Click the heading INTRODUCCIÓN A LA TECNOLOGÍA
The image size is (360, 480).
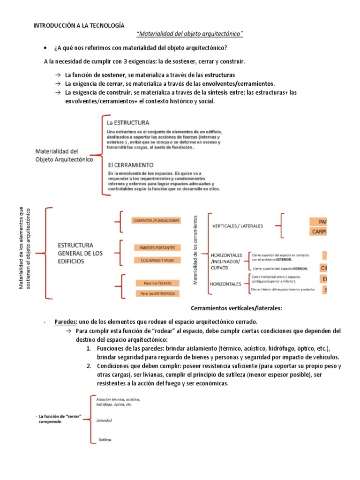[x=79, y=26]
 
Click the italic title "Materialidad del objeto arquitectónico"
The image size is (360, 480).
[x=189, y=34]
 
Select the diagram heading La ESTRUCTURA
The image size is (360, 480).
[x=128, y=122]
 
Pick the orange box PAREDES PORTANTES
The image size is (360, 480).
[x=157, y=247]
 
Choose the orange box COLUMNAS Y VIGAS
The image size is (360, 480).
[x=157, y=260]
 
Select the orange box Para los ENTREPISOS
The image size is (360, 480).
[x=157, y=293]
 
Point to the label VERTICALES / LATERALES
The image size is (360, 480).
[x=238, y=226]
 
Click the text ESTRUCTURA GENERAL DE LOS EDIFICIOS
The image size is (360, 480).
[x=80, y=253]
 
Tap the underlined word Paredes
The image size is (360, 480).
[x=65, y=322]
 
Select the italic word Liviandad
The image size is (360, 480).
[x=104, y=420]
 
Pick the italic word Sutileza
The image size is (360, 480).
[x=105, y=440]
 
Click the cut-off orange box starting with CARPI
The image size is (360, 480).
[x=317, y=232]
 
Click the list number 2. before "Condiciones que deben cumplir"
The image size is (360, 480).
[x=89, y=366]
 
